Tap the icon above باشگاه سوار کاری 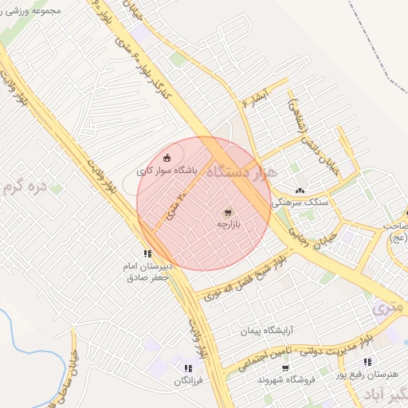[x=167, y=157]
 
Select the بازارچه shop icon [x=229, y=213]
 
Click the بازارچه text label [x=229, y=226]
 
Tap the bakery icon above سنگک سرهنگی [x=300, y=190]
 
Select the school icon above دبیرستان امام [x=147, y=253]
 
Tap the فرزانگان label [x=189, y=381]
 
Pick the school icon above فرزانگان [x=188, y=368]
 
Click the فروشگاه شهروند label [x=286, y=380]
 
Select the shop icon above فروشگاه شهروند [x=285, y=368]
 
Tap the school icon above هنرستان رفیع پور [x=367, y=363]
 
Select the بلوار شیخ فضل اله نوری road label [x=245, y=275]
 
